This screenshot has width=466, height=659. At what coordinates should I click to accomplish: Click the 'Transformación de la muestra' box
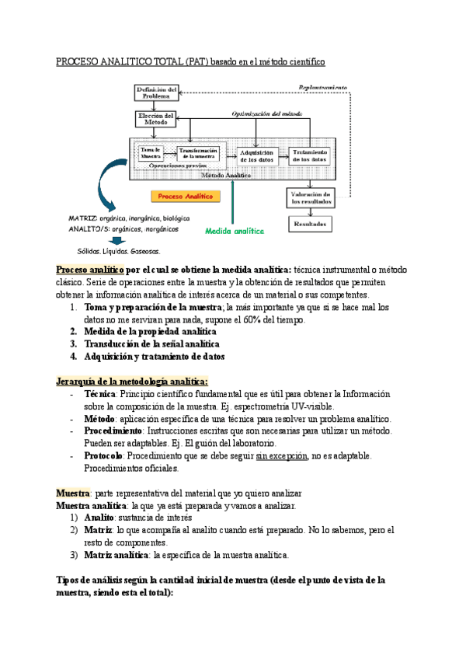197,152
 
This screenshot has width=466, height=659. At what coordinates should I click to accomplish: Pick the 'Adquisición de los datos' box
256,155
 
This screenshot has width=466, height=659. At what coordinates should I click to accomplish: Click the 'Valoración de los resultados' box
311,197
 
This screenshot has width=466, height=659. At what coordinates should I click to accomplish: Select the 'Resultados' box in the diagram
311,224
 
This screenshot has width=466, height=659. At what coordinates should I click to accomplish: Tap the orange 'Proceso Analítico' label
184,197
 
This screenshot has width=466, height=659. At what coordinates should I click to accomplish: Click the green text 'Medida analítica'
234,231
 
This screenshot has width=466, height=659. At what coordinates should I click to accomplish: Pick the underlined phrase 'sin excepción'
281,456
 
